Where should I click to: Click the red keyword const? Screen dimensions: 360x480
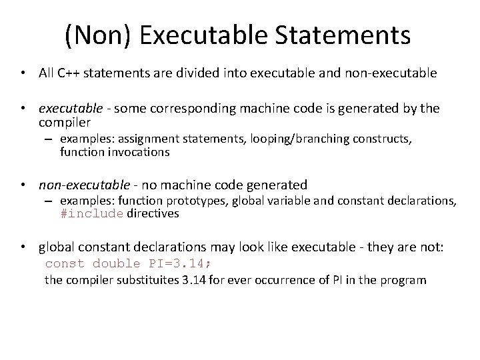point(64,263)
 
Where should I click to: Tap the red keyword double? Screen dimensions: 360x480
point(112,263)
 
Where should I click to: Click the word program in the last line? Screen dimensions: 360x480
point(402,280)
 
